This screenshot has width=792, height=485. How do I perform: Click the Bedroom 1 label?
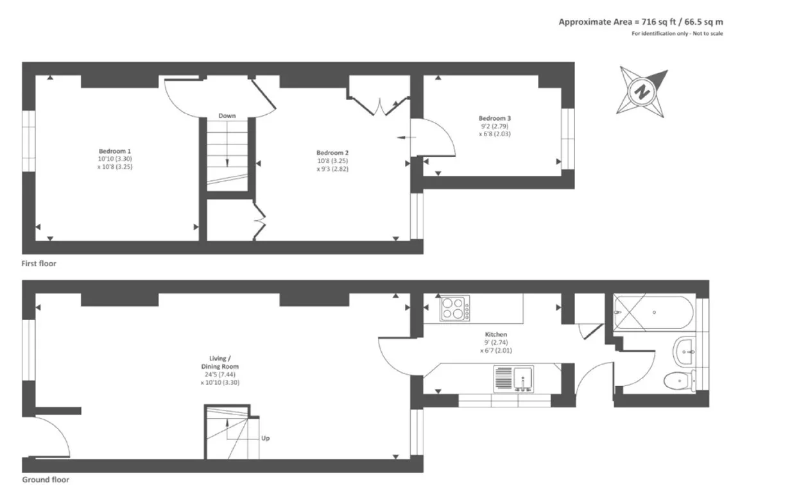point(114,151)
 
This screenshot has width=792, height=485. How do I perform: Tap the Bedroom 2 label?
point(332,153)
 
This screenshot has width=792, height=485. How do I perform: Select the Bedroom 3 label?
point(495,118)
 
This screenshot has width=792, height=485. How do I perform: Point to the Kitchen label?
point(495,334)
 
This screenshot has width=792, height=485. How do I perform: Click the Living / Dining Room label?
point(220,362)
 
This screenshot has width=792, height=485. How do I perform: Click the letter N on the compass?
point(642,92)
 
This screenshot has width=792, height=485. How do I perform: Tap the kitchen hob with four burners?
point(454,308)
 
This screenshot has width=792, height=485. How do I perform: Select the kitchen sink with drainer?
point(513,379)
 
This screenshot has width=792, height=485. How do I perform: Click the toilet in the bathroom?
point(680,380)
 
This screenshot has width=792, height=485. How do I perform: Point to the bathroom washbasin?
point(685,352)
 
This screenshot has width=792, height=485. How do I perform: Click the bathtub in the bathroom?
point(654,312)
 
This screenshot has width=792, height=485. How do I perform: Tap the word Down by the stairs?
point(227,115)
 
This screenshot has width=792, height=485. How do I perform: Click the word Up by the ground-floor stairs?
point(266,438)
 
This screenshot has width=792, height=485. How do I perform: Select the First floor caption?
point(39,264)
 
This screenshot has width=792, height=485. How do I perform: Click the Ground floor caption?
point(46,479)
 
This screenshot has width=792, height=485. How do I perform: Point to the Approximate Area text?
point(641,22)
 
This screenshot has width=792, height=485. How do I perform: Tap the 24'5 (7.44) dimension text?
point(220,375)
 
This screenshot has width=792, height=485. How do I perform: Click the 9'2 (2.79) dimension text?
point(495,126)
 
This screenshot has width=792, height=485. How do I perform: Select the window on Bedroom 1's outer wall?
point(29,141)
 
